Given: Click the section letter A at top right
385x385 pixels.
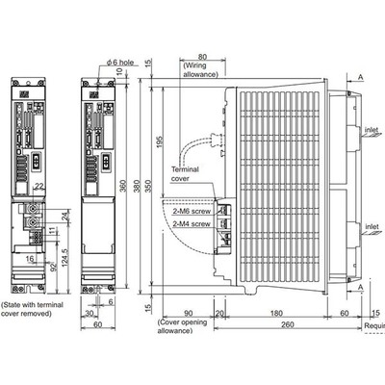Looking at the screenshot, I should click(x=360, y=76).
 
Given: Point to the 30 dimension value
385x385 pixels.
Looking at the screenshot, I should click(x=89, y=312).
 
